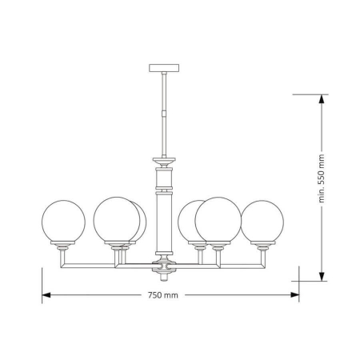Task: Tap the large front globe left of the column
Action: click(x=116, y=218)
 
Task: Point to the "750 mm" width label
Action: click(x=163, y=295)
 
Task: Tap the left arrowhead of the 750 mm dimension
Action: click(x=46, y=295)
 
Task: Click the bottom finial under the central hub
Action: click(x=164, y=277)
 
